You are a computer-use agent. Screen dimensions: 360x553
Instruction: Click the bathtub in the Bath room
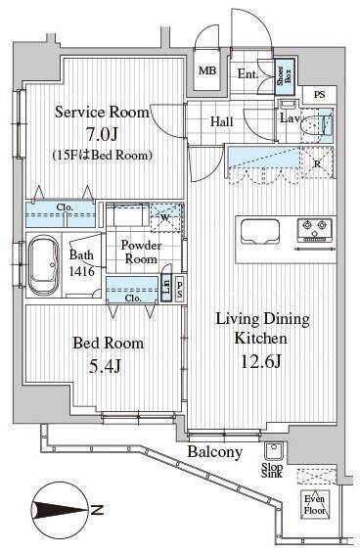43,265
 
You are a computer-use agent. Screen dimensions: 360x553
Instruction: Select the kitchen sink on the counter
260,231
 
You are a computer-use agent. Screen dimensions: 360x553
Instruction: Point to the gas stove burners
315,230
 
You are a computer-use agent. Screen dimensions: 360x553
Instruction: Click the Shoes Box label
285,76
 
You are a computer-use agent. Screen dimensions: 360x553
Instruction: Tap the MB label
207,70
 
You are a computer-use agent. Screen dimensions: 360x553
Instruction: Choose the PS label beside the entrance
320,95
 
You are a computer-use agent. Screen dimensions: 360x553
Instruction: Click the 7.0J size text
102,134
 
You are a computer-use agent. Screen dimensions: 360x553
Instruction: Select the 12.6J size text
260,361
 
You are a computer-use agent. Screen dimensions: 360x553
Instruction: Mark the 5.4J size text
105,367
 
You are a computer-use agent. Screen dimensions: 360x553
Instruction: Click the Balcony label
215,452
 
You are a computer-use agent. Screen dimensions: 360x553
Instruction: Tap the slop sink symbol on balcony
272,451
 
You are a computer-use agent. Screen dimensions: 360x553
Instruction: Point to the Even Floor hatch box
315,504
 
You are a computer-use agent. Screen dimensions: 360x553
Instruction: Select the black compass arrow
60,510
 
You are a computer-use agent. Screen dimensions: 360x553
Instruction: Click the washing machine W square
166,217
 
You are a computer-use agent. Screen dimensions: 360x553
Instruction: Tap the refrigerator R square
317,163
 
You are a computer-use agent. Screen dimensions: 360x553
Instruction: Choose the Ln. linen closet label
166,287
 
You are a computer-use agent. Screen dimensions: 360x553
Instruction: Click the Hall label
222,121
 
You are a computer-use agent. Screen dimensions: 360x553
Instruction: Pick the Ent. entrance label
247,74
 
